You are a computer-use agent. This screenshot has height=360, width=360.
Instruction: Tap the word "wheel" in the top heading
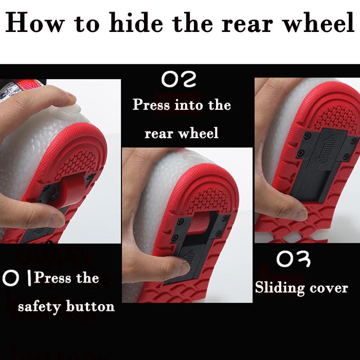(x=319, y=22)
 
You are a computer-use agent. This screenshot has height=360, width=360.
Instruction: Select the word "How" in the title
(x=35, y=23)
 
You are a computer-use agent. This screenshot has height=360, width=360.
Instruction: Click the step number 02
(x=179, y=79)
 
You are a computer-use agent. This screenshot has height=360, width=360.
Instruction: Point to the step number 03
(x=293, y=259)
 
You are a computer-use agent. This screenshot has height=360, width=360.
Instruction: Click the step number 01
(x=17, y=278)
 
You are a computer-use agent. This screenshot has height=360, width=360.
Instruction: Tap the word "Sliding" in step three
(x=280, y=288)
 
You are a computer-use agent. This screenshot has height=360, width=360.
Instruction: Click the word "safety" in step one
(x=40, y=307)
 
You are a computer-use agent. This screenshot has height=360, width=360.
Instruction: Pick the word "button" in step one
(x=90, y=306)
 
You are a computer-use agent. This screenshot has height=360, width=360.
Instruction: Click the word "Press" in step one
(x=53, y=278)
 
